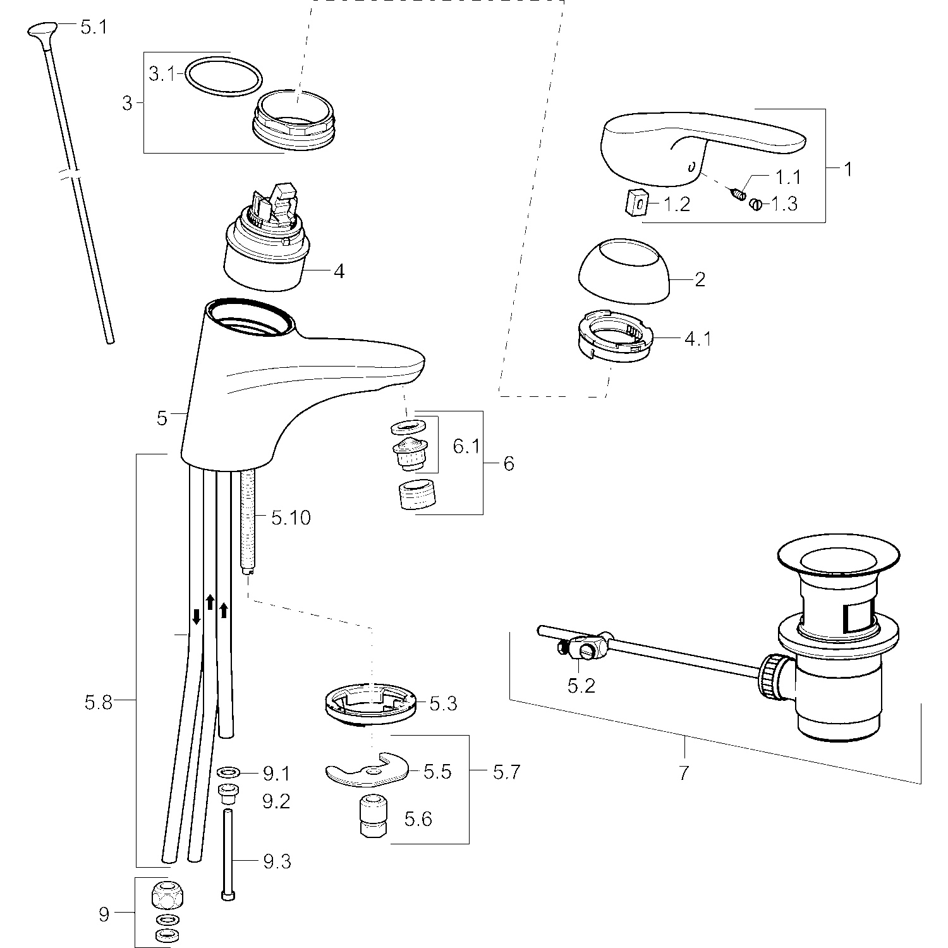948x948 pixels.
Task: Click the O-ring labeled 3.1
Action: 223,61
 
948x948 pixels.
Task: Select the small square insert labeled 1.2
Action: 638,204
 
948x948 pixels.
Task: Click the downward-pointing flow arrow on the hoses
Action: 197,616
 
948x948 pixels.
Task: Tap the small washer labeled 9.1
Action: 228,772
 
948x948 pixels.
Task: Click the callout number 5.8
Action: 99,702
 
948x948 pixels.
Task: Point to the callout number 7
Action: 683,772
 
